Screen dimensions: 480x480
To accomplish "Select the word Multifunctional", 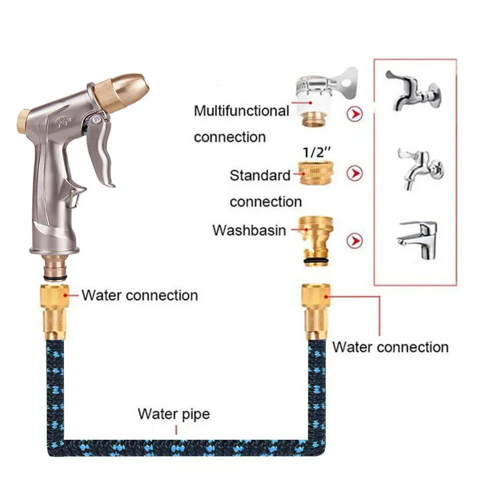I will pyautogui.click(x=241, y=111).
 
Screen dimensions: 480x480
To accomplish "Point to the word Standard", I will pyautogui.click(x=260, y=175).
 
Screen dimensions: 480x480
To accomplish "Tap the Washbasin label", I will pyautogui.click(x=249, y=230).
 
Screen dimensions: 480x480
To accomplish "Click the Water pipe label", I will pyautogui.click(x=174, y=414).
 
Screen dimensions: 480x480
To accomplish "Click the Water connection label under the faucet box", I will pyautogui.click(x=390, y=347).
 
